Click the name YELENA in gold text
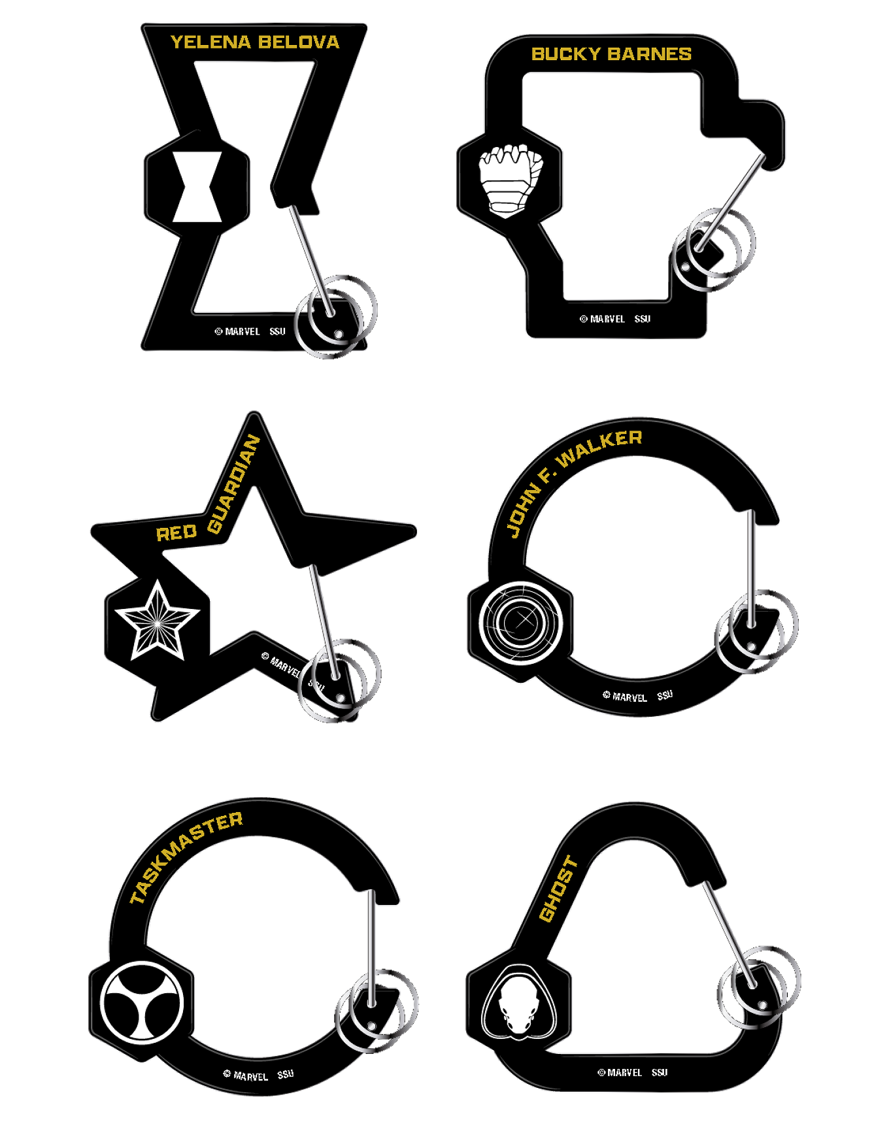click(210, 42)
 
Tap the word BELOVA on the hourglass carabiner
click(299, 42)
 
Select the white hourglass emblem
click(197, 187)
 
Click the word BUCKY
click(562, 54)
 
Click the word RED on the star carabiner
click(176, 533)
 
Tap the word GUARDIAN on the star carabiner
click(234, 484)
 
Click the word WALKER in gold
click(599, 448)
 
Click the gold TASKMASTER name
click(186, 857)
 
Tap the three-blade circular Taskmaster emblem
click(143, 1001)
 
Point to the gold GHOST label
click(558, 889)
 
